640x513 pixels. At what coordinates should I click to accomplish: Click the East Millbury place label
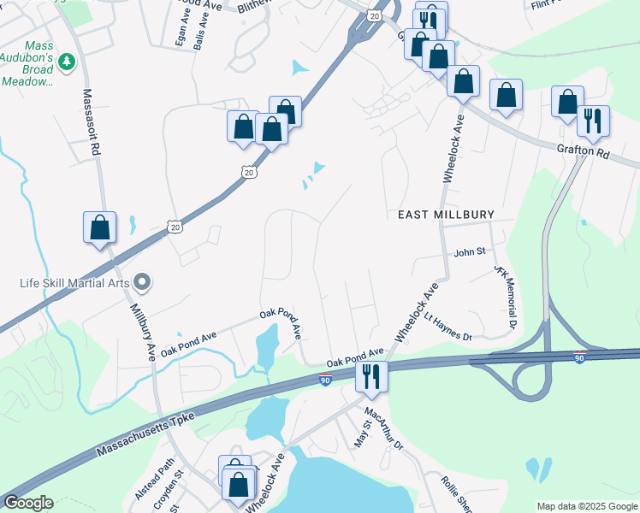click(x=446, y=214)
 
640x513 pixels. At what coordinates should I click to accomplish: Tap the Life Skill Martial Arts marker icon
click(x=143, y=281)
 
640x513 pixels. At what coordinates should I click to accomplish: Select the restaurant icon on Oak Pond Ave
click(x=371, y=374)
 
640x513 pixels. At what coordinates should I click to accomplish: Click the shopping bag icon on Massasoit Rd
click(x=100, y=227)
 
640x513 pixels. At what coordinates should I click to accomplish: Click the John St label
click(x=469, y=252)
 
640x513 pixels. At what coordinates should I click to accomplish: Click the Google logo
click(x=28, y=503)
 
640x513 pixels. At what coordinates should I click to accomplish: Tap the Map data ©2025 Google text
click(x=586, y=506)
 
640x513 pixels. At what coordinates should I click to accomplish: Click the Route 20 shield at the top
click(x=374, y=15)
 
